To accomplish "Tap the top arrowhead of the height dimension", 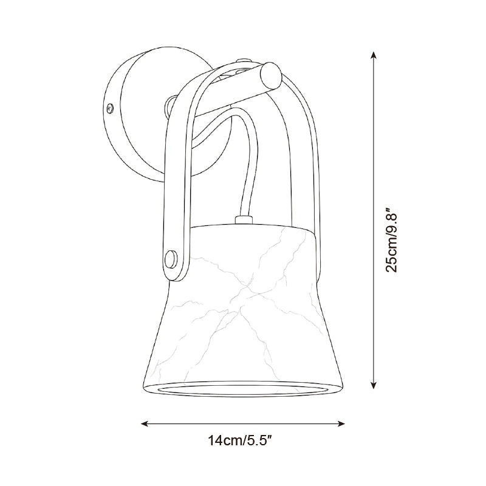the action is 374,55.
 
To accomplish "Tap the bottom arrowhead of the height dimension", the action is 374,385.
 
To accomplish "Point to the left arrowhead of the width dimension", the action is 145,423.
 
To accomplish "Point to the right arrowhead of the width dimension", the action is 341,423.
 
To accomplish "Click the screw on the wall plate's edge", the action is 110,108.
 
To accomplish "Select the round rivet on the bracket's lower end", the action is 171,259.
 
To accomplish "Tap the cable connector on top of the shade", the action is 244,220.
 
